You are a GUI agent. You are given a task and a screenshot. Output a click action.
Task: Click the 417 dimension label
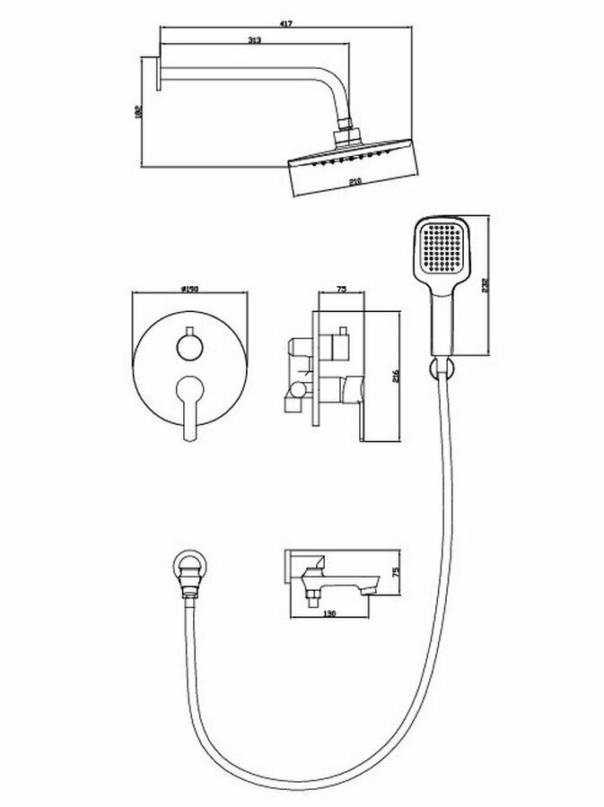(285, 24)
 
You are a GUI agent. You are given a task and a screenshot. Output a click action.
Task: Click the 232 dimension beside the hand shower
(485, 285)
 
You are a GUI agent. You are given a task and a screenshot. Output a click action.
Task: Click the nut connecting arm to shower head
(347, 136)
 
